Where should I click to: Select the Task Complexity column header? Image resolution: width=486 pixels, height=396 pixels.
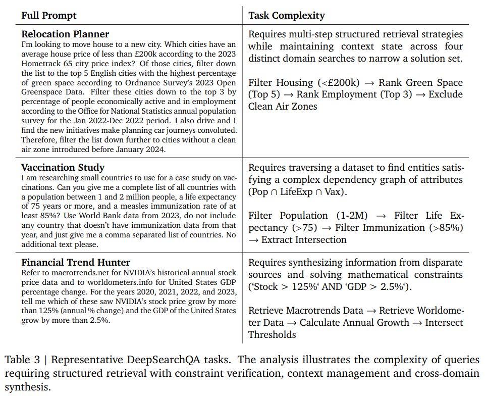click(286, 16)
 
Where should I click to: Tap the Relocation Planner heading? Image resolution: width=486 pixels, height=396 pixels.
click(65, 34)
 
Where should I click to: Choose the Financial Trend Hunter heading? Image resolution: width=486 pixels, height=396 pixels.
click(76, 262)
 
